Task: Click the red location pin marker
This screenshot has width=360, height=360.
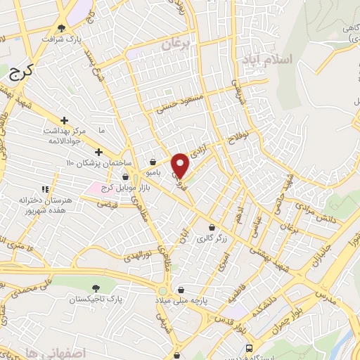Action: pos(181,165)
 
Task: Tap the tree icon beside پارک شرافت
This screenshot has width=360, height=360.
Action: pos(62,29)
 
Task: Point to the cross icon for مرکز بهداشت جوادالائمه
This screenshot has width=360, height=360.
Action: pos(65,121)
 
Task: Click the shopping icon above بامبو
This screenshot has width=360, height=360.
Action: pos(153,162)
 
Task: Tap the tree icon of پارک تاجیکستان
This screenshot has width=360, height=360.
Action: pos(96,288)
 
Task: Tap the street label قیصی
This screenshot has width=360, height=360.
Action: pos(107,205)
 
